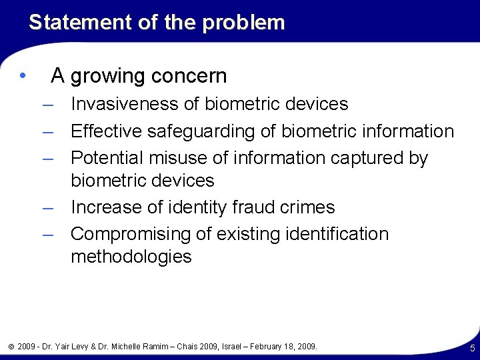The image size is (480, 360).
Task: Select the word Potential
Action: point(105,158)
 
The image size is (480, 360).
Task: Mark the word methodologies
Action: point(131,257)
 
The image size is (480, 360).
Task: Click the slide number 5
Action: point(472,348)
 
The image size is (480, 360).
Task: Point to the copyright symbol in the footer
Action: point(11,347)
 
